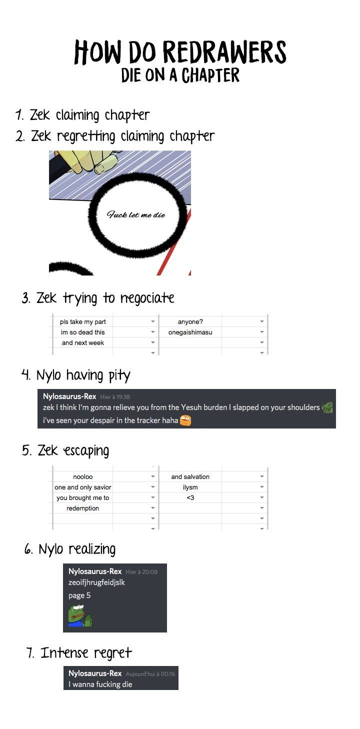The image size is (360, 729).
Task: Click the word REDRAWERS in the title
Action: coord(224,52)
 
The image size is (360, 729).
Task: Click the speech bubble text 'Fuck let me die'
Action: coord(136,214)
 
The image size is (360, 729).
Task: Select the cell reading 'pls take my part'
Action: coord(82,321)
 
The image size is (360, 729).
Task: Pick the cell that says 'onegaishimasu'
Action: coord(190,332)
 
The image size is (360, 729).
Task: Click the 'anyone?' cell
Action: coord(190,321)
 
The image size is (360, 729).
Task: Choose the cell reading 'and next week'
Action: coord(82,342)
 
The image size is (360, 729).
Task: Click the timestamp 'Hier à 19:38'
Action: coord(115,396)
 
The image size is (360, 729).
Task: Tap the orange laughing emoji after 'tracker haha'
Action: coord(185,420)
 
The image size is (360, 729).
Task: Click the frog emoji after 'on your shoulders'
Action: coord(327,407)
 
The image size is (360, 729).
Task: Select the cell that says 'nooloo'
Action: coord(82,477)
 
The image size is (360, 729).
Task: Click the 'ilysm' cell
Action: coord(190,487)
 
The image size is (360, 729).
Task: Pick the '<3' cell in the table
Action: coord(190,497)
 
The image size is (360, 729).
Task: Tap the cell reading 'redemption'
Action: coord(82,508)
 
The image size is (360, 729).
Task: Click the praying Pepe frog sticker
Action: coord(79,615)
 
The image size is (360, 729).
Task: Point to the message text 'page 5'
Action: coord(79,595)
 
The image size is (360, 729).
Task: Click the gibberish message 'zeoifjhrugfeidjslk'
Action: coord(96,582)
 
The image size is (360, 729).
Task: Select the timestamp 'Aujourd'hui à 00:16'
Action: coord(150,673)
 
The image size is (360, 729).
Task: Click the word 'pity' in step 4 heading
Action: coord(119,376)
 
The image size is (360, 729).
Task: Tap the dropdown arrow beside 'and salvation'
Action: coord(261,476)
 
